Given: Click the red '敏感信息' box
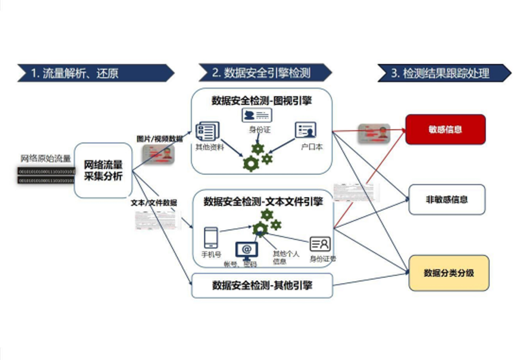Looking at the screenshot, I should pyautogui.click(x=445, y=130).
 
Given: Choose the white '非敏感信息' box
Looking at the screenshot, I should pyautogui.click(x=447, y=199).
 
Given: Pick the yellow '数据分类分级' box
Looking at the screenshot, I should pyautogui.click(x=449, y=273).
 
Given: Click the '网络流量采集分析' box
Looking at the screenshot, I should pyautogui.click(x=103, y=170).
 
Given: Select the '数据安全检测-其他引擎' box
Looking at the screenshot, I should pyautogui.click(x=262, y=285).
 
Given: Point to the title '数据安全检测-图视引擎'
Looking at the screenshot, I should pyautogui.click(x=261, y=100).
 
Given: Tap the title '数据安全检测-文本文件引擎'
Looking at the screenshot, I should pyautogui.click(x=263, y=201).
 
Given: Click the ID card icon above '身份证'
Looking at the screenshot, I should pyautogui.click(x=257, y=115).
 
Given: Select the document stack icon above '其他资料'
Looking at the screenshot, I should pyautogui.click(x=207, y=131).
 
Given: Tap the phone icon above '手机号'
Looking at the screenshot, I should pyautogui.click(x=211, y=237).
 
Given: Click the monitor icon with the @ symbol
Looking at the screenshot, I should pyautogui.click(x=247, y=250).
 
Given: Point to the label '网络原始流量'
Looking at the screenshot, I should pyautogui.click(x=45, y=158).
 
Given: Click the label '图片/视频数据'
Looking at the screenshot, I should pyautogui.click(x=159, y=139).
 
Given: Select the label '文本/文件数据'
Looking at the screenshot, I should pyautogui.click(x=154, y=203).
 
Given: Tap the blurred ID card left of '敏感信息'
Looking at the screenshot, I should pyautogui.click(x=374, y=133).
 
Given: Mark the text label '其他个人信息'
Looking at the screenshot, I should pyautogui.click(x=285, y=257).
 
